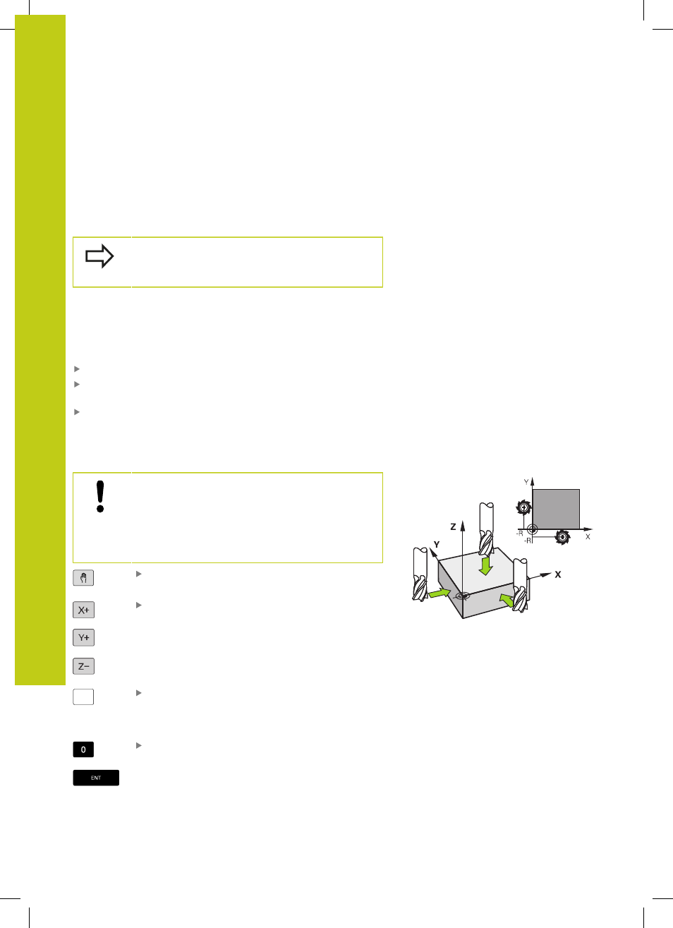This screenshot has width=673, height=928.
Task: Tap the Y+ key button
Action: click(x=84, y=637)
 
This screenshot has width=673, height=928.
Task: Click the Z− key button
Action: click(x=84, y=666)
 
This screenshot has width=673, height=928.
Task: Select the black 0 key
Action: click(x=83, y=749)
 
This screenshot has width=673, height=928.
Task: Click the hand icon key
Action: click(x=83, y=578)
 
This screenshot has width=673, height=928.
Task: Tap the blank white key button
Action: click(x=83, y=697)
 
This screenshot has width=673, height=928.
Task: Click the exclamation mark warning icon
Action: click(x=99, y=496)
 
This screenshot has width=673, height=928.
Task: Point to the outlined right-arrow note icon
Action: click(x=99, y=256)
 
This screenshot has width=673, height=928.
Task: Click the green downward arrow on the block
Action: click(x=485, y=566)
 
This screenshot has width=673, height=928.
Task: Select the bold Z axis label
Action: click(x=453, y=526)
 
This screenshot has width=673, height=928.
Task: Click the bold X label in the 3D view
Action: click(x=558, y=574)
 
